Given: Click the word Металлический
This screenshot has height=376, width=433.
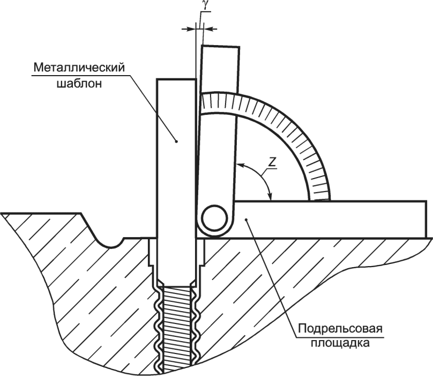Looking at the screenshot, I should (79, 68).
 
